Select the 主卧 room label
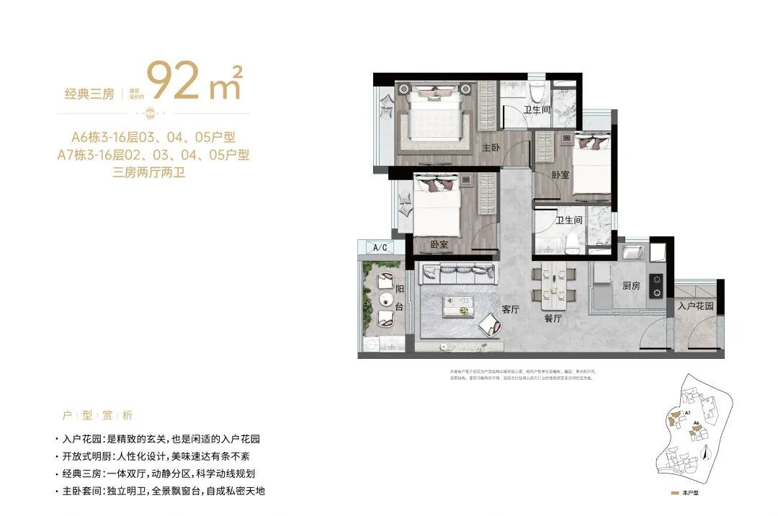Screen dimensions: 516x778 491,148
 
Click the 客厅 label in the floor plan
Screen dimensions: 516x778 511,309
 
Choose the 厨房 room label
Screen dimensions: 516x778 630,286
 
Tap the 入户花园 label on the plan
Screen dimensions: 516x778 695,306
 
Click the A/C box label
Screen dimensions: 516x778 380,248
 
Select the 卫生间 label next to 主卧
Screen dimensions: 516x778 537,110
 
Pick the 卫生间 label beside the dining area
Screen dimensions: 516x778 568,221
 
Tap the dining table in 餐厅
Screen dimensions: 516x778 553,285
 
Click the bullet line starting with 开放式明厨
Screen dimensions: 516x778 156,456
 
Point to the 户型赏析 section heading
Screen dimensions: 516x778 97,416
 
